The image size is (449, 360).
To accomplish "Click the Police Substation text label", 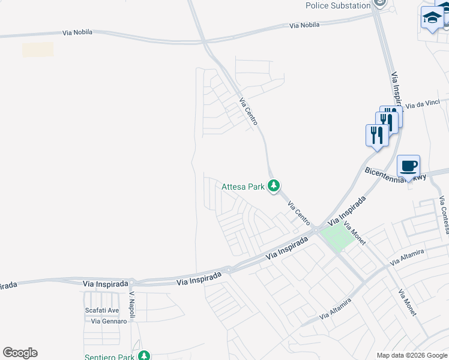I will coord(338,5).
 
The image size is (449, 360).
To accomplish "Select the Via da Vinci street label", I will coord(422,104).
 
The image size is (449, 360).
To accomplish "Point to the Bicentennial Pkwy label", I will coord(395,174).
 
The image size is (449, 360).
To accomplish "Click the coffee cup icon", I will coord(408,166).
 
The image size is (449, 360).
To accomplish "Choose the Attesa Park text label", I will coord(243,187).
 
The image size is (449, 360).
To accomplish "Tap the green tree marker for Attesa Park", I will coord(274,187).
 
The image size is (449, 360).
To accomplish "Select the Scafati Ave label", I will coord(101,310).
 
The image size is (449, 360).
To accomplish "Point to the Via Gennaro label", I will coord(109,321).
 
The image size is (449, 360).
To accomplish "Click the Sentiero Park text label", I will coord(109,357).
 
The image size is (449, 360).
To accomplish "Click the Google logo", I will coord(20,353).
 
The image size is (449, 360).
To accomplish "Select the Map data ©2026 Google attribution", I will coord(412,355).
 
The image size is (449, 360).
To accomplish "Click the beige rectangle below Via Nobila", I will coord(38,50).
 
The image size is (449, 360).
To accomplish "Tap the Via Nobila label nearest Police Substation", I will coord(304,25).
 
